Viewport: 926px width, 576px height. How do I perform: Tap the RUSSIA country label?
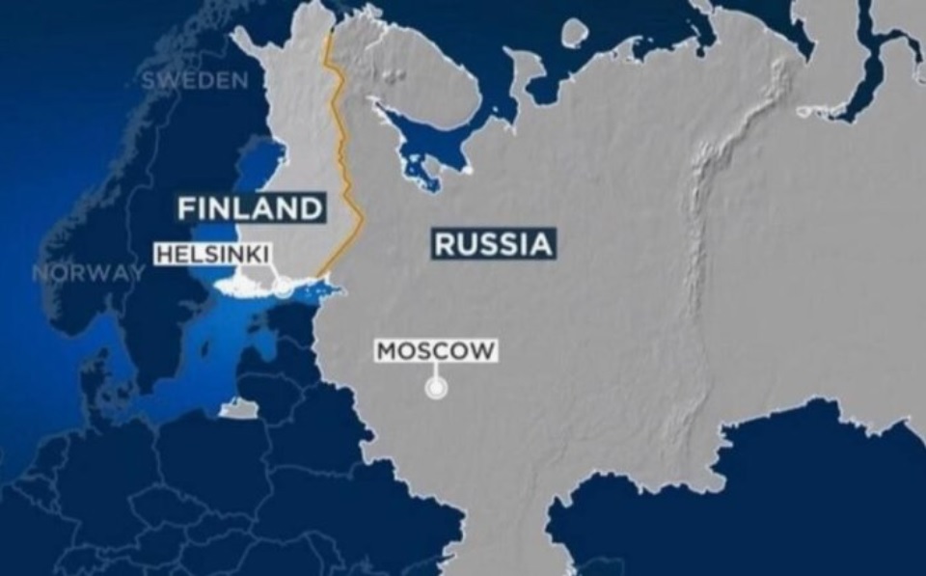tap(493, 244)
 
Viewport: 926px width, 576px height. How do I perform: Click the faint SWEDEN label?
tap(194, 81)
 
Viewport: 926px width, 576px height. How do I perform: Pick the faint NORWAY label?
tap(88, 272)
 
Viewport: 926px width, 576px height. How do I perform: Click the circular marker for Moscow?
tap(437, 389)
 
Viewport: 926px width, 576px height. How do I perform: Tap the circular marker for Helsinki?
tap(283, 288)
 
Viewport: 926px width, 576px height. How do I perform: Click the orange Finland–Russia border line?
tap(343, 145)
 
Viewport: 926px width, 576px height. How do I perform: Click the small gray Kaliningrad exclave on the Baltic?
tap(238, 409)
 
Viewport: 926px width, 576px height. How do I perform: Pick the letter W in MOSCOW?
tap(485, 349)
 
